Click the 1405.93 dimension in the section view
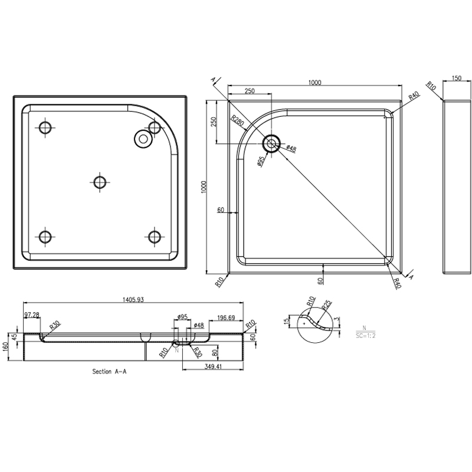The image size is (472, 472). [133, 300]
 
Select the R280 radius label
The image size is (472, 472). [238, 122]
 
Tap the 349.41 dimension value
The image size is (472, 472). [213, 366]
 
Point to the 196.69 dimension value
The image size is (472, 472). [226, 318]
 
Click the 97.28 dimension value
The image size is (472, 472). [32, 315]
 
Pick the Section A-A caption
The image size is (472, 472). [109, 372]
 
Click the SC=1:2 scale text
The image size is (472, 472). [365, 335]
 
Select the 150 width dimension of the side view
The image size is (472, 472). [456, 78]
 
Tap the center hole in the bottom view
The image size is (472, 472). [100, 182]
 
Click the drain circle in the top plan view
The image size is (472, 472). [271, 143]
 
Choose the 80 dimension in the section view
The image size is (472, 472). [215, 352]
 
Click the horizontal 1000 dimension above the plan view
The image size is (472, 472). [315, 83]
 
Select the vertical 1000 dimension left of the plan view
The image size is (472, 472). [204, 187]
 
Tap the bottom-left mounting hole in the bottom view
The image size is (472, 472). [45, 237]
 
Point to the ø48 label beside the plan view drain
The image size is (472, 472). [291, 148]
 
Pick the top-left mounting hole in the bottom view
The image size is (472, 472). [45, 127]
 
